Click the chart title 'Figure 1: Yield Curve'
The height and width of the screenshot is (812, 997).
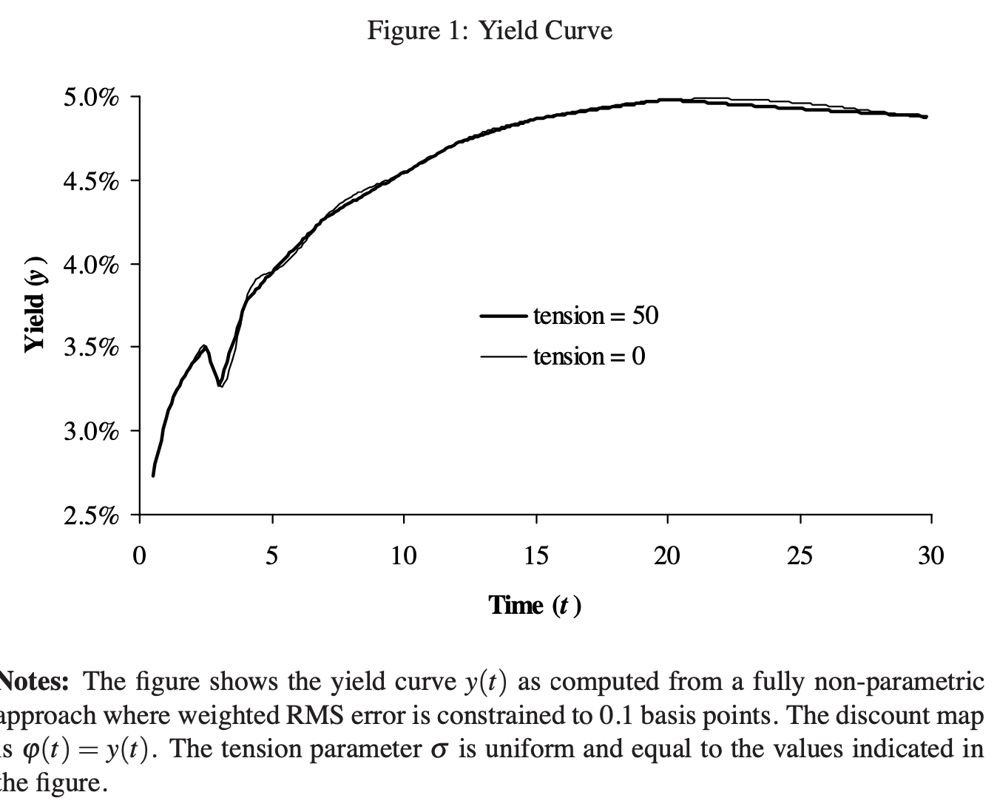coord(490,30)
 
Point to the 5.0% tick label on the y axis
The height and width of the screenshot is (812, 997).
coord(90,98)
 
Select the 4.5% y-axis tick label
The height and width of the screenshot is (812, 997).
coord(90,181)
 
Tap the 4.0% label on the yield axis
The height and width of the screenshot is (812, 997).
coord(90,265)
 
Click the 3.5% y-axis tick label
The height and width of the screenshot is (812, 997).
coord(90,348)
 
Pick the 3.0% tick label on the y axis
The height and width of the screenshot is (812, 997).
coord(90,431)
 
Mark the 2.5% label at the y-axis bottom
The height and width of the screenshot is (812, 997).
coord(90,515)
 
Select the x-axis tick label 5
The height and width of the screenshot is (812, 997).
coord(272,555)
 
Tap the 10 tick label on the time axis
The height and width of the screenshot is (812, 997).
coord(404,555)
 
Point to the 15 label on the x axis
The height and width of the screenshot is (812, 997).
coord(535,555)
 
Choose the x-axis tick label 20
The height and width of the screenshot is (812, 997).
coord(667,555)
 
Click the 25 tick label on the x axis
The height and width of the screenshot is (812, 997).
coord(800,555)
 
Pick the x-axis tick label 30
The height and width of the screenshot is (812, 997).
coord(931,555)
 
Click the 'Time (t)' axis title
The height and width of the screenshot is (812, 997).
coord(534,606)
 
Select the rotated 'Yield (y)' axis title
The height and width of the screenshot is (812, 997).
coord(36,304)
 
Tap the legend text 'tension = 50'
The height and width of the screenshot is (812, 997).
coord(595,316)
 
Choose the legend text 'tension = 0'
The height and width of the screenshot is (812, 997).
coord(589,356)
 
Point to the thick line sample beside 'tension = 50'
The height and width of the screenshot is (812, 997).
coord(504,317)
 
